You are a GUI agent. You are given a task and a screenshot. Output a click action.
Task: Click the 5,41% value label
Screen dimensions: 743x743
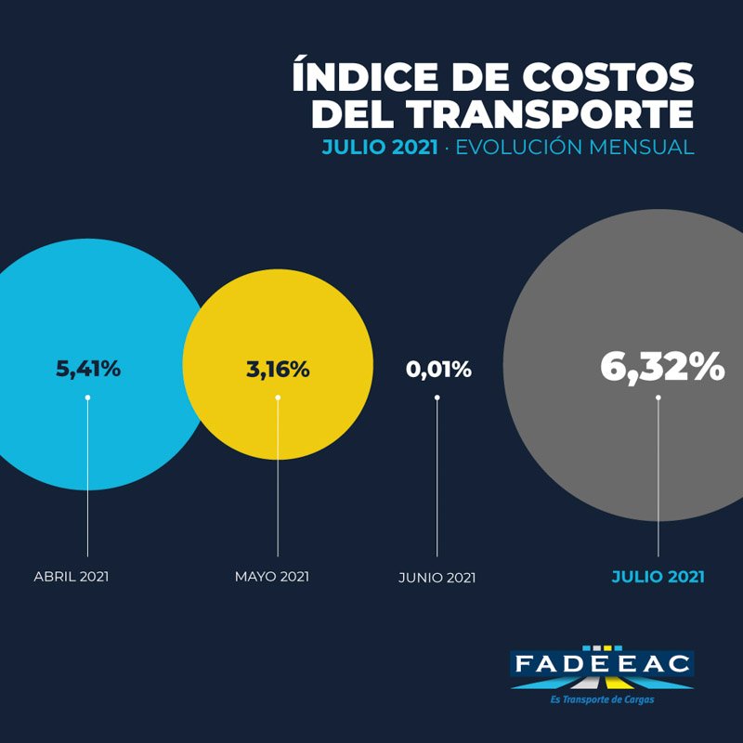point(89,369)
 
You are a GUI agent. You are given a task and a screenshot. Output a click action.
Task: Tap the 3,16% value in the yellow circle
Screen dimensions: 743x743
point(278,369)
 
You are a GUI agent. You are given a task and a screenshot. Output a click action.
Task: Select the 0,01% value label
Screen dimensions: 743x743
point(438,369)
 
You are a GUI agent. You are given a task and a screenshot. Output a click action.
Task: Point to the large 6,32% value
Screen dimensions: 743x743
point(661,367)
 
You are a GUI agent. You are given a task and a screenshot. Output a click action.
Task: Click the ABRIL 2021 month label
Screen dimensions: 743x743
point(72,577)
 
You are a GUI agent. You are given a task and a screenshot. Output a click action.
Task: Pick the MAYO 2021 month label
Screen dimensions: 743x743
point(271,577)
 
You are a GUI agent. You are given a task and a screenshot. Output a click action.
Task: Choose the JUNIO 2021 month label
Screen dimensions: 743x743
point(437,578)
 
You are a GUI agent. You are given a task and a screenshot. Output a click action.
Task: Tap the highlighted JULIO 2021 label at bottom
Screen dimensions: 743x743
point(658,577)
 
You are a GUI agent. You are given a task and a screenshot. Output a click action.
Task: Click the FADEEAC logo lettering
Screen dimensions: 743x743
point(602,664)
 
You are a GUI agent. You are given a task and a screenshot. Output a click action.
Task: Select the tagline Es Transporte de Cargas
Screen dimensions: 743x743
point(602,698)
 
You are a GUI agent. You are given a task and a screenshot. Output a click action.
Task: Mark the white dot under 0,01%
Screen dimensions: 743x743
point(437,398)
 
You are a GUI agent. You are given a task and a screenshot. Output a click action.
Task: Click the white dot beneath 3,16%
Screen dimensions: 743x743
point(278,398)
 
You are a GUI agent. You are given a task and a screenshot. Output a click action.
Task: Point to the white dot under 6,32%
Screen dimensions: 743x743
point(658,398)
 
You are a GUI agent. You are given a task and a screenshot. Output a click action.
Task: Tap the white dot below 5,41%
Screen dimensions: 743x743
point(88,398)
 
